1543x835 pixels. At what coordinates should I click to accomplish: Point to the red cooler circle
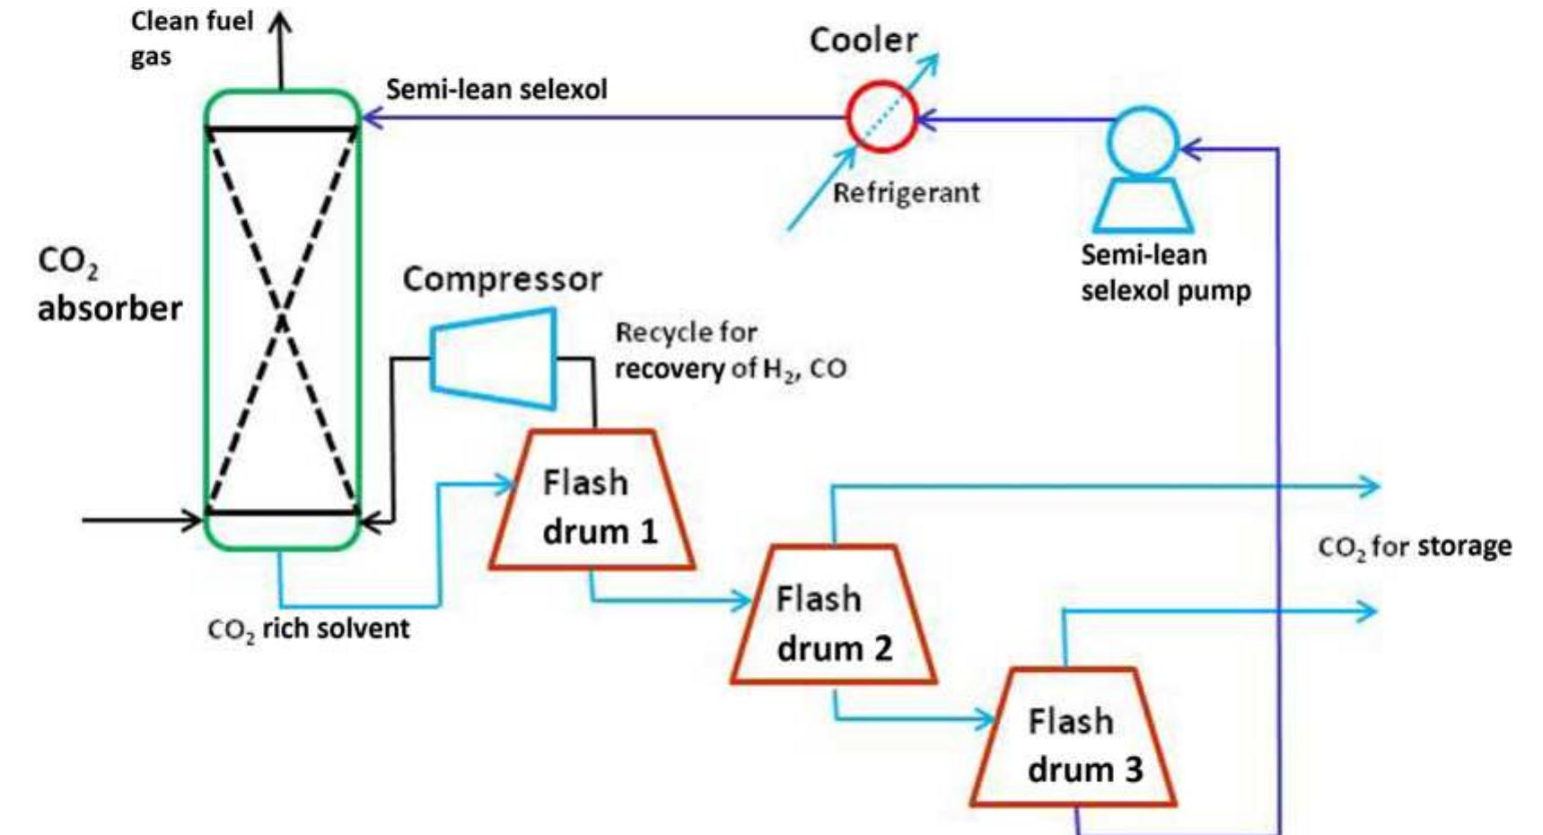881,117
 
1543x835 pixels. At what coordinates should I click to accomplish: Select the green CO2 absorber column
282,320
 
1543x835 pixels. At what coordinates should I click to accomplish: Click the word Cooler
863,40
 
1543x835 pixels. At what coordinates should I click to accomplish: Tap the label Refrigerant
906,193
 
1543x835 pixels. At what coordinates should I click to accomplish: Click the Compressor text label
502,279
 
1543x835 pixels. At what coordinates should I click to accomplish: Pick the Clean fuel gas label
191,38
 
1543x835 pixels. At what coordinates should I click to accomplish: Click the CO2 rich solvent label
308,629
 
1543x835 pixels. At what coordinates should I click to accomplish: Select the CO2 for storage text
1414,547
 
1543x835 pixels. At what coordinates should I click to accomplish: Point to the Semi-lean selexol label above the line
496,90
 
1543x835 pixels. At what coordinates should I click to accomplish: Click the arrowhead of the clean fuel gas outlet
281,20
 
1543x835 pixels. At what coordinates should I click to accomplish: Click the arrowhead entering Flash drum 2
741,601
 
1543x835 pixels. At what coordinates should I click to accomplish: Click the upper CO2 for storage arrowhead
1370,488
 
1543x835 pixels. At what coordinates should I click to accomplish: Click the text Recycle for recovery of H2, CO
730,351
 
